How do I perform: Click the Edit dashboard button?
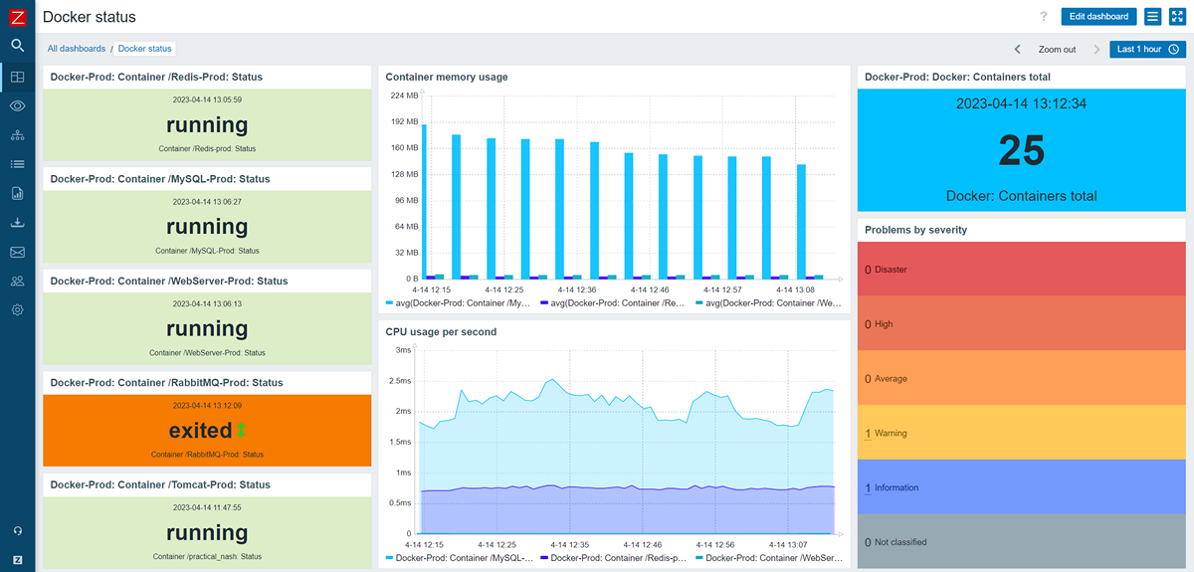[1098, 16]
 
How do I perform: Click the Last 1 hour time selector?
[1147, 49]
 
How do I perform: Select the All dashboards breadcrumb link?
[77, 49]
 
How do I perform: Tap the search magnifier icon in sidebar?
[17, 45]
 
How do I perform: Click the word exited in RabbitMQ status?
[200, 431]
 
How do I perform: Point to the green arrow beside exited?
[241, 431]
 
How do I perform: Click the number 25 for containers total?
[1021, 150]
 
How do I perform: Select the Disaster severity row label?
[891, 270]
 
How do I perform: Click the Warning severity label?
[891, 434]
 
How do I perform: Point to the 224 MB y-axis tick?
[404, 96]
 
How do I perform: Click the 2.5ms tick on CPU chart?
[398, 381]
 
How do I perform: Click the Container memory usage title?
[446, 77]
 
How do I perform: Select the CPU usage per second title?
[441, 332]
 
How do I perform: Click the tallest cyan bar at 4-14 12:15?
[424, 199]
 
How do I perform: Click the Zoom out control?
[1057, 49]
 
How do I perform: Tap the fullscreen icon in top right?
[1176, 16]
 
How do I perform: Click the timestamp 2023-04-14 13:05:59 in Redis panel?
[207, 99]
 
